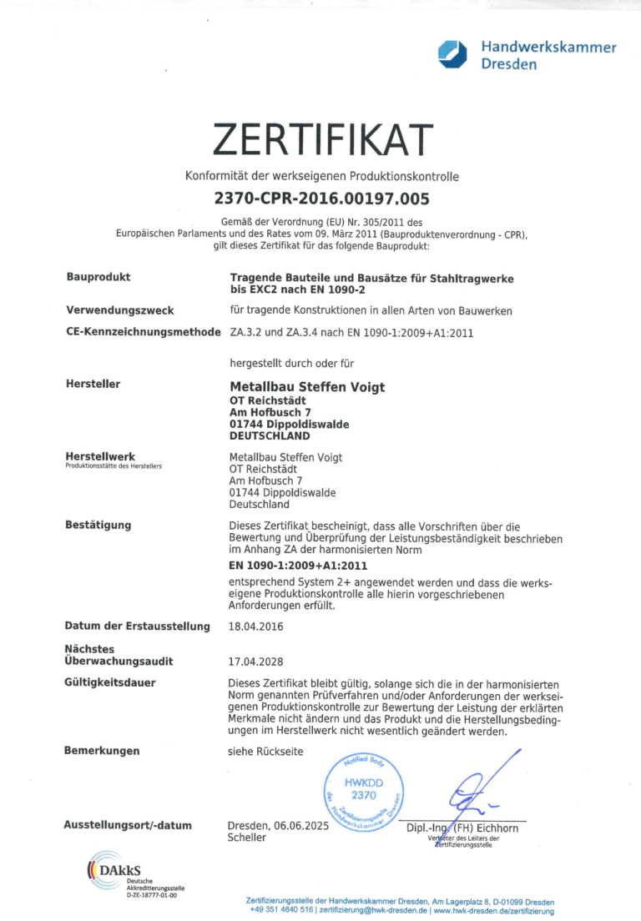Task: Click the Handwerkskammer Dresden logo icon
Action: click(x=455, y=54)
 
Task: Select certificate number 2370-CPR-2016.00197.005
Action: click(x=321, y=199)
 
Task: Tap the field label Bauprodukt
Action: click(x=98, y=277)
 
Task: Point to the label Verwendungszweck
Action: click(x=119, y=310)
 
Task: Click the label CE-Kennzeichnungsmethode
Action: click(x=143, y=332)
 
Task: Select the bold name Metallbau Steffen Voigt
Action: click(x=306, y=387)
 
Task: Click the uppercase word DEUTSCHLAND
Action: click(x=269, y=436)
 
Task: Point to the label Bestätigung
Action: click(x=98, y=526)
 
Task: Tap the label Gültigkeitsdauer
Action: click(x=110, y=683)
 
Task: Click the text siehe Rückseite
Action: click(x=265, y=752)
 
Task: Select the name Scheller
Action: click(x=247, y=838)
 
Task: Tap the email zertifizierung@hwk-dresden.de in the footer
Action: click(x=374, y=910)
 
